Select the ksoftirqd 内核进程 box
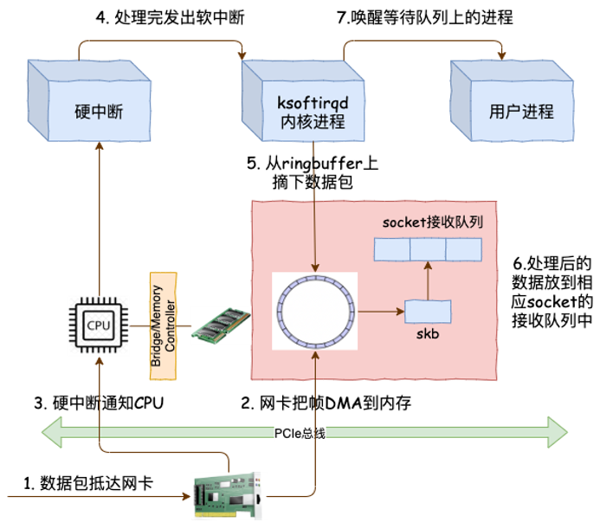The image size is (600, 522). (x=311, y=112)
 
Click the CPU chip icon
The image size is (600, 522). (x=98, y=325)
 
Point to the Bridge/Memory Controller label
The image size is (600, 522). (x=163, y=325)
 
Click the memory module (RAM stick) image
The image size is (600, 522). (x=221, y=326)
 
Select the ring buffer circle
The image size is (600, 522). (x=314, y=312)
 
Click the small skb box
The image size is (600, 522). (x=428, y=311)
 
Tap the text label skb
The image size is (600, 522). (x=428, y=333)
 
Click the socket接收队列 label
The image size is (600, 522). (x=432, y=222)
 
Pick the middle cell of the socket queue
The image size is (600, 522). (x=428, y=249)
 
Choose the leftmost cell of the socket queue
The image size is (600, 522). (x=392, y=249)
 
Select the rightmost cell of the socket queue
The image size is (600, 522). (x=463, y=249)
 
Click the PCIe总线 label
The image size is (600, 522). (x=300, y=433)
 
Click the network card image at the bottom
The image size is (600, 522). (x=226, y=495)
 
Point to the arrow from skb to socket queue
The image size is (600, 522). (x=428, y=280)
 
